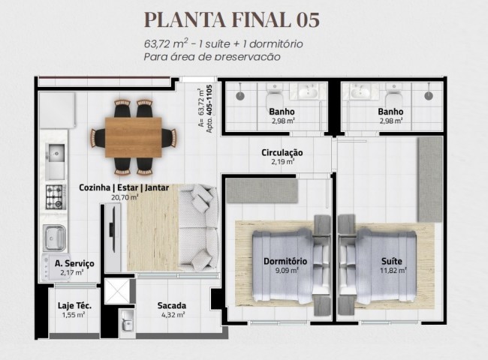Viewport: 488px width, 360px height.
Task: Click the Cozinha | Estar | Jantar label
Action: coord(124,187)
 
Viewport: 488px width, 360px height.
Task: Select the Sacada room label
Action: coord(172,305)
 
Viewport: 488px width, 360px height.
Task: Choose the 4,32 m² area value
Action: coord(172,315)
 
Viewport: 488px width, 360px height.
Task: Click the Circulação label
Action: coord(282,152)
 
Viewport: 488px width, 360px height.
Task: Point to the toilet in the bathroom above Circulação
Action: coord(274,95)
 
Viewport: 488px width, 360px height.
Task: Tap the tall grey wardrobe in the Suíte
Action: coord(429,178)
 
